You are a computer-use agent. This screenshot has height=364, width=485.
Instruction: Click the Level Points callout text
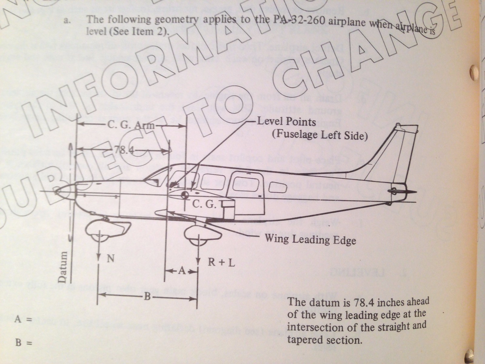coord(286,122)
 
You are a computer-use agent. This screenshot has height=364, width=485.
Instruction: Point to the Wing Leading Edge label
coord(310,240)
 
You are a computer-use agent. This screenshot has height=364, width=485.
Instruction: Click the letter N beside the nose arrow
coord(111,258)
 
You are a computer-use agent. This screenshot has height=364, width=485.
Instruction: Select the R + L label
coord(221,262)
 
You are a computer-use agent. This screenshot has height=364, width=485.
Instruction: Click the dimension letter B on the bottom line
coord(147,296)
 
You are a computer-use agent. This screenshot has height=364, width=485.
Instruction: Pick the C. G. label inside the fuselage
coord(205,205)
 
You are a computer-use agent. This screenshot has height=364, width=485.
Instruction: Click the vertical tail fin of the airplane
coord(391,152)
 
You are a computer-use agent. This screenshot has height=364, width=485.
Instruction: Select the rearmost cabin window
coord(277,187)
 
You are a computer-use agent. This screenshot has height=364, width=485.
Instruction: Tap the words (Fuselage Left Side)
coord(320,135)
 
